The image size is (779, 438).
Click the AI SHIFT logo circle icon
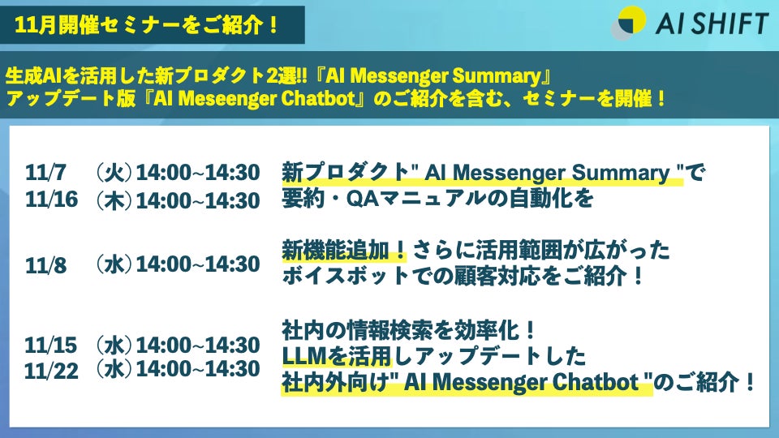click(628, 23)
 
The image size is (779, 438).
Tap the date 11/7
click(45, 173)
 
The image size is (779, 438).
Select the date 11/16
click(52, 200)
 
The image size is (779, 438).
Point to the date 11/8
click(45, 265)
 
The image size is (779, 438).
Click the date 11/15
click(51, 346)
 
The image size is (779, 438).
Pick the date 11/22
click(52, 371)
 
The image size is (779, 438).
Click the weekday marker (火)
click(114, 173)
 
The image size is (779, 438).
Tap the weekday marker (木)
click(114, 200)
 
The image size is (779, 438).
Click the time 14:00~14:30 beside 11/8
click(198, 264)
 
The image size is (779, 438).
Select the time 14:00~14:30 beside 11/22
click(198, 369)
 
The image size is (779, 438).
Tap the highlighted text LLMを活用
click(337, 355)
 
